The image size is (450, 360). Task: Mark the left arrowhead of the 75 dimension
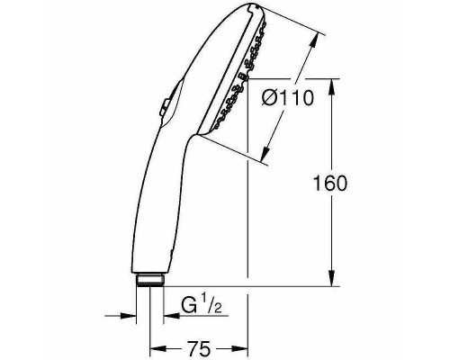(155, 346)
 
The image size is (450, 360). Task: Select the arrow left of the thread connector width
(131, 314)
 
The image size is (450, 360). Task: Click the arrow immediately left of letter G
(167, 314)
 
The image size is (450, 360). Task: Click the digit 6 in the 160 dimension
(331, 184)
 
